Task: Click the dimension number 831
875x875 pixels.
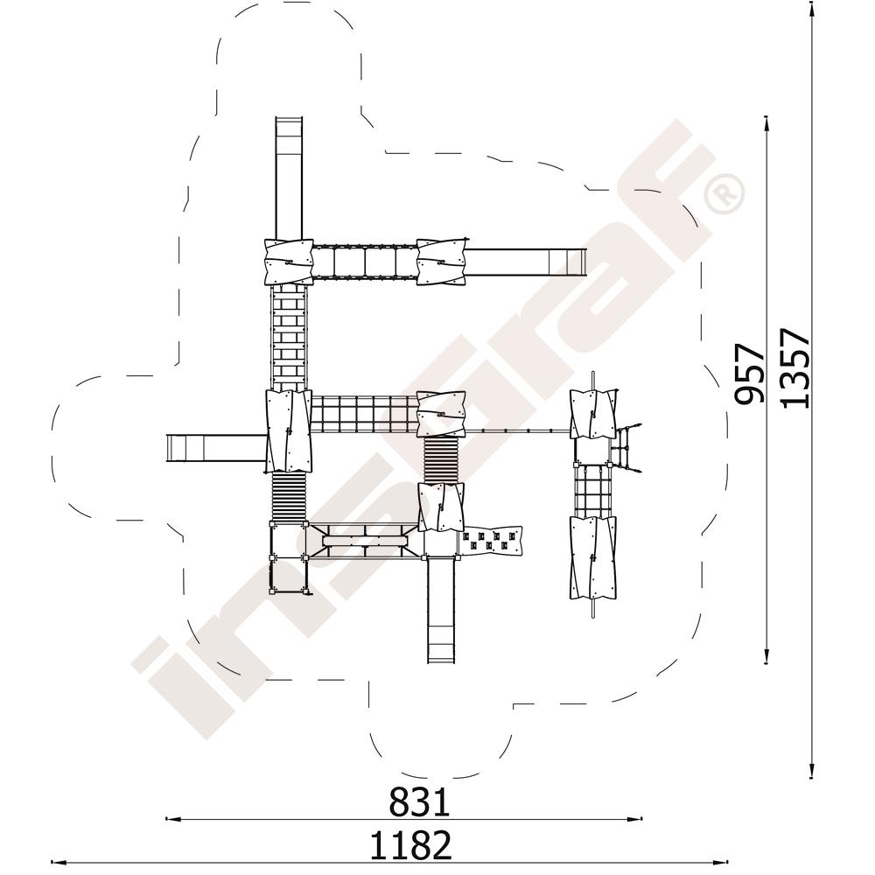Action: [419, 802]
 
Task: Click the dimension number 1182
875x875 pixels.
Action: [410, 845]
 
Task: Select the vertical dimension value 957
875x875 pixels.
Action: [749, 374]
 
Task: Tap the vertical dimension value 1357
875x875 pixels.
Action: [794, 368]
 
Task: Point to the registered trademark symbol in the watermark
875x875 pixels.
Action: [724, 193]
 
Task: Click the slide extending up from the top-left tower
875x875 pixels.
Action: [289, 178]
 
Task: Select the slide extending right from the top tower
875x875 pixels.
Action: [526, 262]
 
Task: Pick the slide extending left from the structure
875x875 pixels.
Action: [216, 448]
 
